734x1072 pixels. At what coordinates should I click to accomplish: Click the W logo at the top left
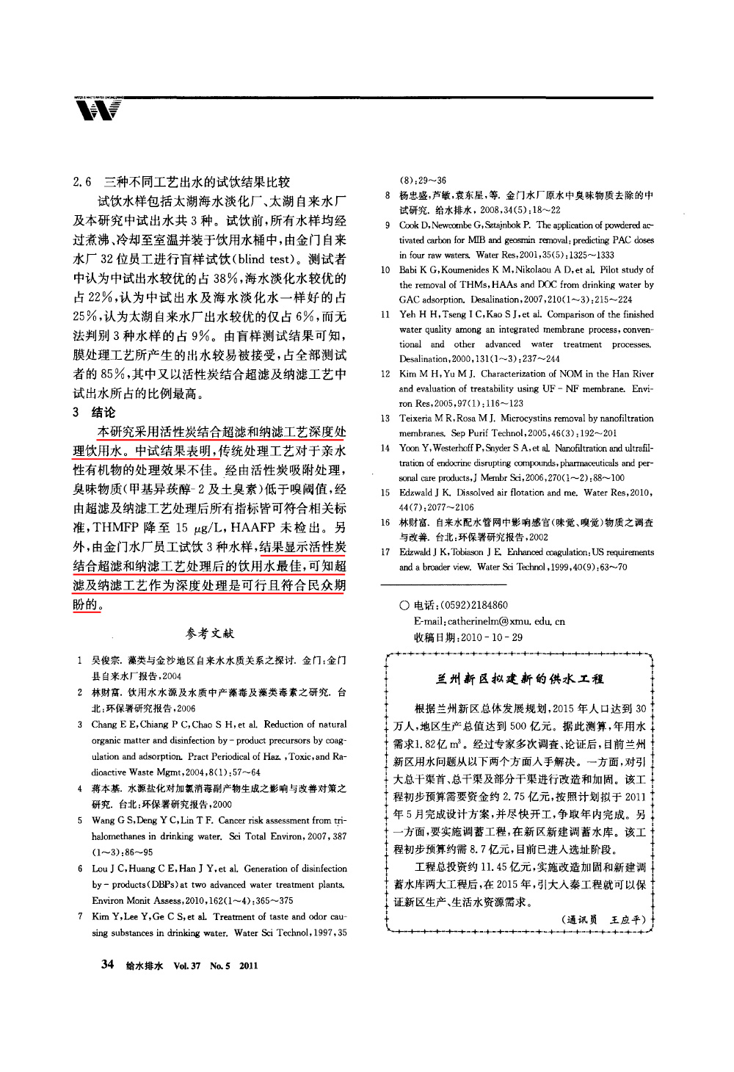[x=97, y=110]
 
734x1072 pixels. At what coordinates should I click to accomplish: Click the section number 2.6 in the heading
[x=83, y=181]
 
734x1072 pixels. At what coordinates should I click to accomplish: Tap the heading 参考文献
[x=210, y=632]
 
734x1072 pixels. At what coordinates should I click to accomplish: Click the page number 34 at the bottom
[x=106, y=964]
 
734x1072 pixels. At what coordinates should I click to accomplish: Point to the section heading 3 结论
[x=95, y=413]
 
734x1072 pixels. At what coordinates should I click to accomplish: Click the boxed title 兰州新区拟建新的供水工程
[x=520, y=678]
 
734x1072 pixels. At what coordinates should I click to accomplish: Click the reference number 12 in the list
[x=385, y=374]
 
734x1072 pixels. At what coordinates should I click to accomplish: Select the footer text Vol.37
[x=187, y=966]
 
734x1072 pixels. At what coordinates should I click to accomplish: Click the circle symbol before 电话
[x=404, y=606]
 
